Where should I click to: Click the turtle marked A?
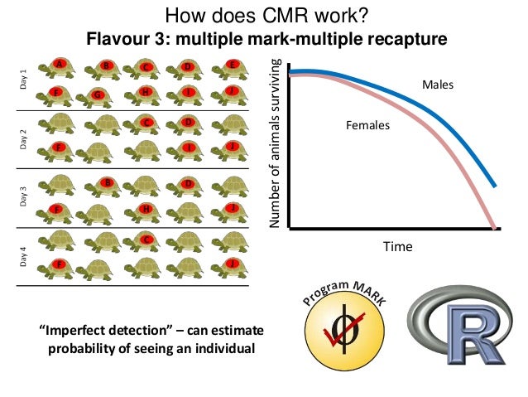[59, 67]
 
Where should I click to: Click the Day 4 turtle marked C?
[145, 241]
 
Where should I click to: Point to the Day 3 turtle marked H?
[145, 210]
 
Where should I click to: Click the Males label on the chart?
[438, 85]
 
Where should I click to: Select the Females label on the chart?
[367, 126]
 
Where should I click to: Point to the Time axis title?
[396, 246]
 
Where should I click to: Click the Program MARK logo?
[343, 320]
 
